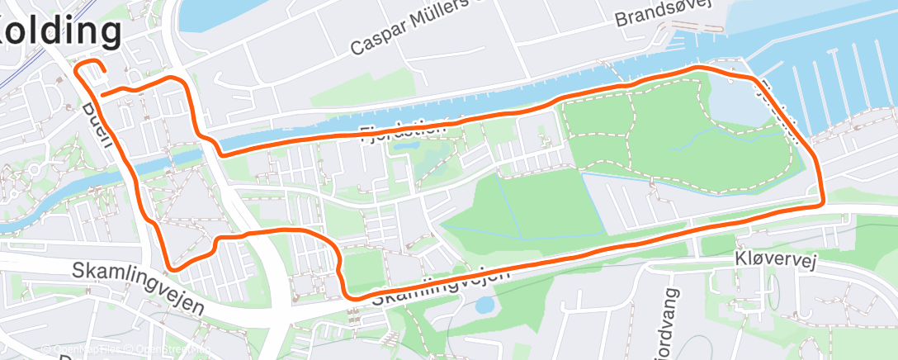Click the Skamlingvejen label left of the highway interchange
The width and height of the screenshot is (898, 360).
coord(138,287)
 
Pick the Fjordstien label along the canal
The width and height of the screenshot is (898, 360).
coord(404,130)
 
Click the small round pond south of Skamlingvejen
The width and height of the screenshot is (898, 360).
coord(485,306)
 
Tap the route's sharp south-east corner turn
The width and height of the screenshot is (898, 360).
coord(821,201)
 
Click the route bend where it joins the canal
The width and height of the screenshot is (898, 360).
coord(220,149)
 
